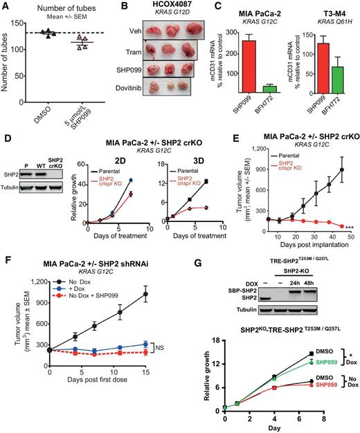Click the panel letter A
pos(5,6)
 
